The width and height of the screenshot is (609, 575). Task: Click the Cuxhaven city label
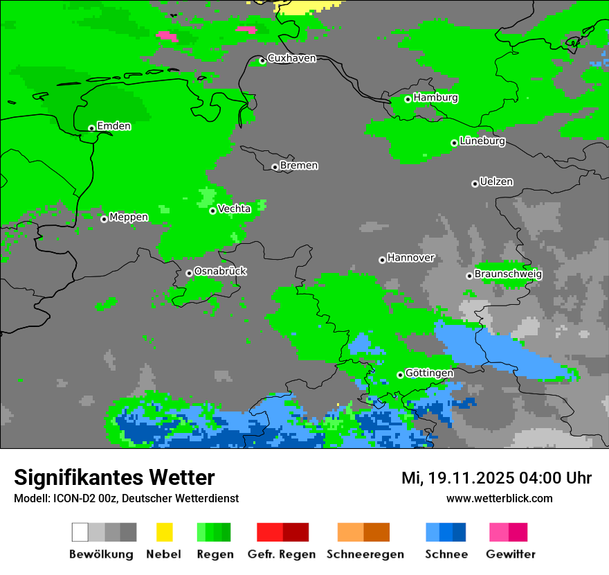291,59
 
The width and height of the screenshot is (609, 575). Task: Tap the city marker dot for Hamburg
408,99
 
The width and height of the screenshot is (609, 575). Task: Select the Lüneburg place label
482,141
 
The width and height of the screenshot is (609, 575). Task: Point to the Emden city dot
91,128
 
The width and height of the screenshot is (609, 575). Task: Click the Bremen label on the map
299,166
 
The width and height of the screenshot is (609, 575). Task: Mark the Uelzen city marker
475,184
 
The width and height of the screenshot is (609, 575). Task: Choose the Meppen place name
129,218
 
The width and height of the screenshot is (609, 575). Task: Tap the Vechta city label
234,209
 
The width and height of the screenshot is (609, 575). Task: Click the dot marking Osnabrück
189,273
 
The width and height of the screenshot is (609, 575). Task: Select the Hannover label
411,258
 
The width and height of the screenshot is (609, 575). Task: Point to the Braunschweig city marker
469,276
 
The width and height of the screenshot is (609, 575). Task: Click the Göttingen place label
429,373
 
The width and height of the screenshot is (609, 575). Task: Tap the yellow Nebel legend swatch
164,532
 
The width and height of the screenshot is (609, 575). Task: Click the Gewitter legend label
511,554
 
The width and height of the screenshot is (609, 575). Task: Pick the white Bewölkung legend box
80,532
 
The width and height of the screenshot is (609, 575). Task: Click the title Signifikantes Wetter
114,478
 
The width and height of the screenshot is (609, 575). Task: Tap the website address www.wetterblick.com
499,498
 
